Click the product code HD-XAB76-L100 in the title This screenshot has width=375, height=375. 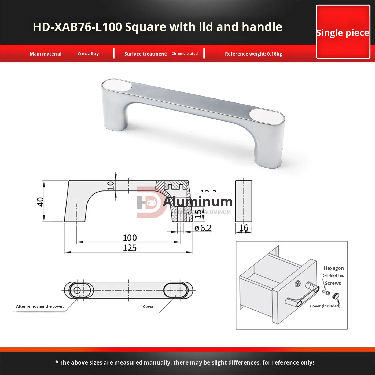click(x=77, y=27)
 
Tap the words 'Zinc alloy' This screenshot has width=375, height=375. click(x=88, y=54)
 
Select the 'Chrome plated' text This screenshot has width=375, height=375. click(x=185, y=54)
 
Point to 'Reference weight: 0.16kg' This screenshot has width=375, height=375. click(x=253, y=54)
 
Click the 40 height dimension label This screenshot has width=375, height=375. click(x=40, y=202)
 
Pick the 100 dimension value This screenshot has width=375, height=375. click(x=130, y=238)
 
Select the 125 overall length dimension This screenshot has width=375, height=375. click(x=130, y=248)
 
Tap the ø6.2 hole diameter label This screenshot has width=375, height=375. click(x=203, y=228)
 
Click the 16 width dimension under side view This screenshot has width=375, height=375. click(x=244, y=228)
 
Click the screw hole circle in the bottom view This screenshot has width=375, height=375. click(x=77, y=290)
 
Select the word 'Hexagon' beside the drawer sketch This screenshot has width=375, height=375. click(x=333, y=268)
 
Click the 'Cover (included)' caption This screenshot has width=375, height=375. click(x=325, y=306)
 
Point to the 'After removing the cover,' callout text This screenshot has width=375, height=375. click(x=40, y=306)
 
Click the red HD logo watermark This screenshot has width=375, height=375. click(x=149, y=203)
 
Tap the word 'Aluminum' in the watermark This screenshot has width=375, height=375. click(x=198, y=202)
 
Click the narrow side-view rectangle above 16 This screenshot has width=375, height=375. click(x=244, y=201)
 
